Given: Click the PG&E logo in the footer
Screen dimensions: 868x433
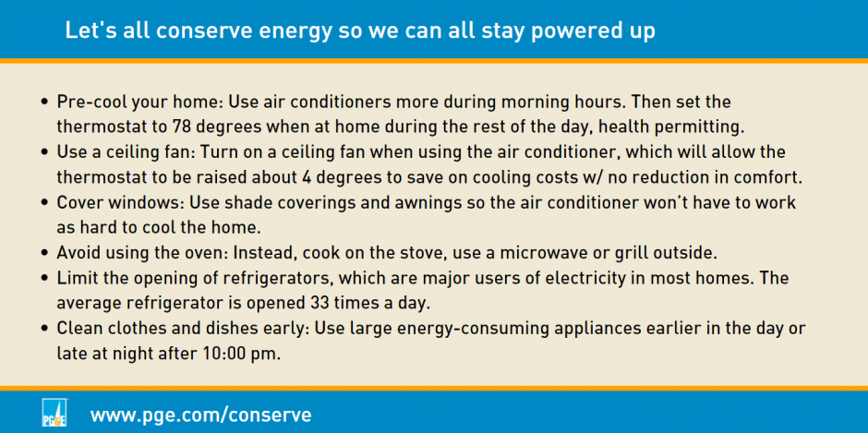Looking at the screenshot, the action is [54, 413].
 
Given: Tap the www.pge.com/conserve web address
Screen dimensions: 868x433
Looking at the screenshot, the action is [201, 415].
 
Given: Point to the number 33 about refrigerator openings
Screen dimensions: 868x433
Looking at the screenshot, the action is [314, 304].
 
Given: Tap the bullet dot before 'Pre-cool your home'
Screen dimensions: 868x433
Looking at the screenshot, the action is [46, 103].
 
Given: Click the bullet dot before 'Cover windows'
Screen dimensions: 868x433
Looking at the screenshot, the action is [46, 203].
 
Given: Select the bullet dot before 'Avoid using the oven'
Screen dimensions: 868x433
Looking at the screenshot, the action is [46, 253].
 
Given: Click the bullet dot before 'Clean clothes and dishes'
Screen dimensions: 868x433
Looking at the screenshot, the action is [46, 329].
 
